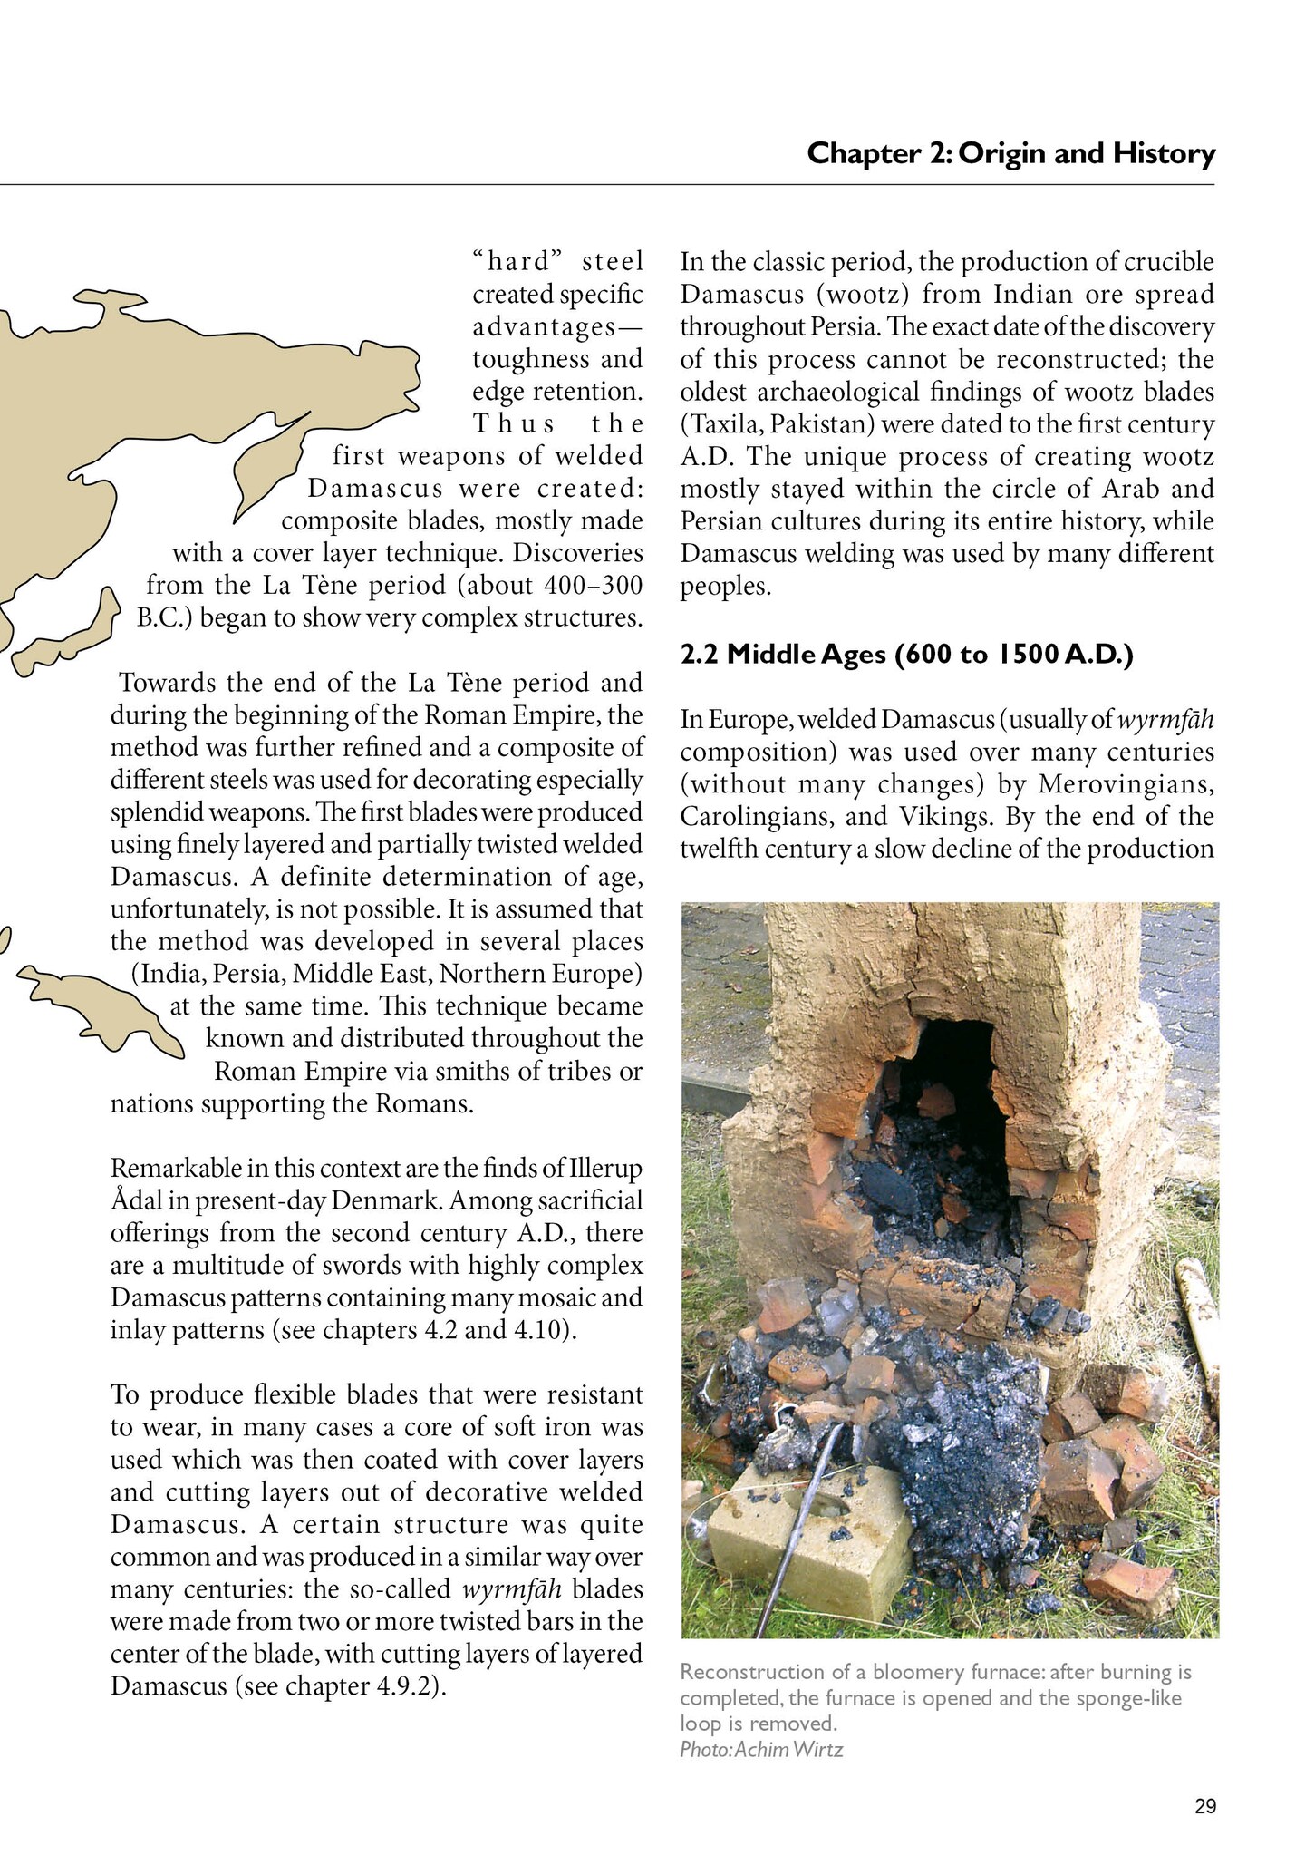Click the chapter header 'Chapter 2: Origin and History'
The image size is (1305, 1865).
1010,153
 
